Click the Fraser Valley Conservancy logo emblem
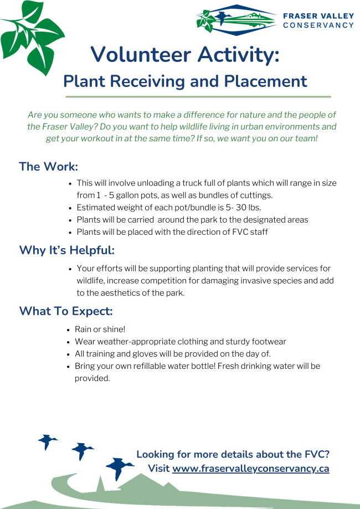point(236,19)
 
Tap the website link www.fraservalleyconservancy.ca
point(250,469)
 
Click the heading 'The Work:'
point(49,167)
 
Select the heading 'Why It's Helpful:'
point(67,250)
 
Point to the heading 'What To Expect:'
point(66,311)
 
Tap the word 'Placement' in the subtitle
point(265,81)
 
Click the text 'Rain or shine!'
point(100,329)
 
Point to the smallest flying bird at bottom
point(48,441)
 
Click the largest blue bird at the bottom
point(119,468)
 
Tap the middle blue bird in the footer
point(83,451)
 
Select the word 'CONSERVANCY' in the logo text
point(318,25)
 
